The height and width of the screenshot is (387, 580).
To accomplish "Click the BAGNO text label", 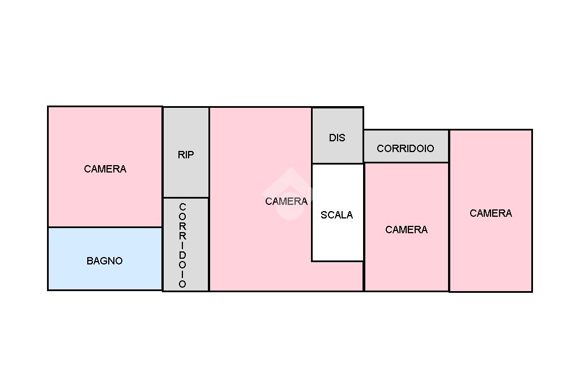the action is [105, 261].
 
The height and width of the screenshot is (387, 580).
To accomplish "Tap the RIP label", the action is [186, 155].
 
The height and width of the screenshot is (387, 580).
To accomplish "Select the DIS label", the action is [337, 138].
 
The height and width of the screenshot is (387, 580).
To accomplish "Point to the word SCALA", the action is [336, 215].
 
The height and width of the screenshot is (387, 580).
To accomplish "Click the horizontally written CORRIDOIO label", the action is [406, 149].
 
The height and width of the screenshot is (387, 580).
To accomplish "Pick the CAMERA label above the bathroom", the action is [105, 169].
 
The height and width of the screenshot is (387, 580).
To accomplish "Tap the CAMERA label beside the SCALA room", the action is [286, 201].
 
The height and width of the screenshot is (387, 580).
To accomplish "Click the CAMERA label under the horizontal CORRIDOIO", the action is [406, 230].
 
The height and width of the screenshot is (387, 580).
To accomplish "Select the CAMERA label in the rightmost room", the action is [491, 213].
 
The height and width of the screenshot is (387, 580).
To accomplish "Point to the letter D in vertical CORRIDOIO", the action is [182, 255].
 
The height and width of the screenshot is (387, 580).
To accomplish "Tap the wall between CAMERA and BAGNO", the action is [105, 227].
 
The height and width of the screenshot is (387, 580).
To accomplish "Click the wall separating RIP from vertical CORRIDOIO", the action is [186, 197].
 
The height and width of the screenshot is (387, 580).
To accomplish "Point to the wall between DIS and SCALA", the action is [337, 164].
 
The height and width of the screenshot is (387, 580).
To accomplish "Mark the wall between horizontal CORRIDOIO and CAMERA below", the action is [406, 162].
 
